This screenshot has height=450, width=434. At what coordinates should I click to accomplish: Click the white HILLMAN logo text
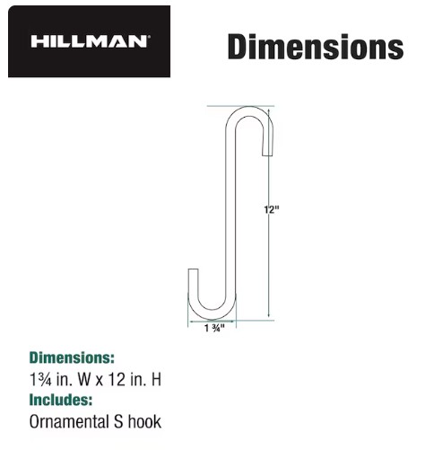[90, 41]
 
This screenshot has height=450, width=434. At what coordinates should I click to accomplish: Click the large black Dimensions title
[316, 47]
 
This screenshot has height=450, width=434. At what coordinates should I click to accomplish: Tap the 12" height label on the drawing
[272, 209]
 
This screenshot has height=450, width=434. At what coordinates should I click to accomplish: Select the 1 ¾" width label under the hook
[214, 328]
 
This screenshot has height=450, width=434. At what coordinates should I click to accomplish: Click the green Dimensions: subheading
[72, 357]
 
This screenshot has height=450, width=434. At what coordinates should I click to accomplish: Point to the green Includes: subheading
[61, 400]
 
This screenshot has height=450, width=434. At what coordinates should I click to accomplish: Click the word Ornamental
[69, 421]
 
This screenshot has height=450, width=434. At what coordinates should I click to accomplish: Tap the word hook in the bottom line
[144, 421]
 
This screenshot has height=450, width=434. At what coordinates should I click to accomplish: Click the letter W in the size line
[84, 379]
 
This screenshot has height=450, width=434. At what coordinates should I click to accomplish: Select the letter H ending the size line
[157, 379]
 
